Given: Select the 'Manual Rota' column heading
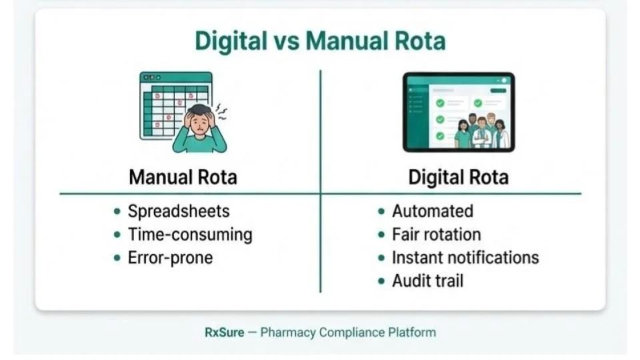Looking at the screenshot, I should (x=183, y=177).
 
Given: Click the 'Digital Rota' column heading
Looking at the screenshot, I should (x=458, y=177).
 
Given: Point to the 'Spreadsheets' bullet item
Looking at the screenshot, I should (x=178, y=211).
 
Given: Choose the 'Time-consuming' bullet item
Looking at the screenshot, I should (x=190, y=235).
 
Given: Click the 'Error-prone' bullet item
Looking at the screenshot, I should (x=170, y=258).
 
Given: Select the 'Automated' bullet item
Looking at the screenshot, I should (x=432, y=211).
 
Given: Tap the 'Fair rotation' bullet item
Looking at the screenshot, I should (x=436, y=235).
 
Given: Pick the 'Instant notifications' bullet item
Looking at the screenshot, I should (x=465, y=258).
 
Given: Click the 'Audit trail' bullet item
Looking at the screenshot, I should (x=427, y=281).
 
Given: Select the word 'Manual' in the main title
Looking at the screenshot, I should (x=345, y=41).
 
